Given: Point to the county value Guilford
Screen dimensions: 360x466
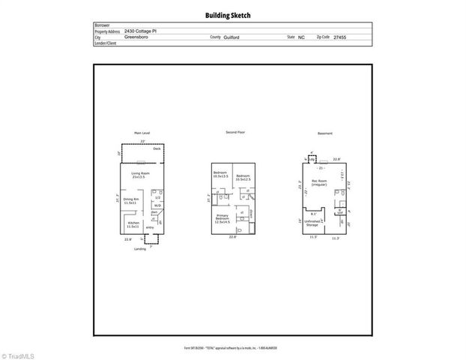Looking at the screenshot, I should point(241,37).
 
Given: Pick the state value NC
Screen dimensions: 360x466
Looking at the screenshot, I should point(301,37).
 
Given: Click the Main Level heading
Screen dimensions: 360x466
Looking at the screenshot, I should point(142,133).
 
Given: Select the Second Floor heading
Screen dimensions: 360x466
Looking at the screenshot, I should point(235,132).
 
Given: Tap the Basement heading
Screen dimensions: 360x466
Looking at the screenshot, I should point(324,133).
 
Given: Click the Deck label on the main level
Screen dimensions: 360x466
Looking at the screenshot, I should point(157,148).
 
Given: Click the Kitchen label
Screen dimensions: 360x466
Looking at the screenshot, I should point(133,224).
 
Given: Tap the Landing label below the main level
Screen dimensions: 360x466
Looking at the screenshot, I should point(140,249).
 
